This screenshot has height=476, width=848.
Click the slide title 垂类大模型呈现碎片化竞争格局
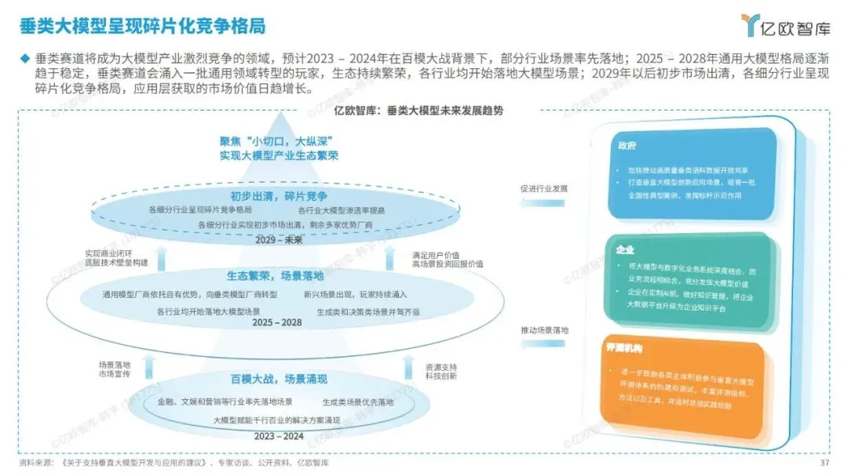pyautogui.click(x=141, y=25)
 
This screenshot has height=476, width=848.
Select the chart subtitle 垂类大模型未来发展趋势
pyautogui.click(x=446, y=111)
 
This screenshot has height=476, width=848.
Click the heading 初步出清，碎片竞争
pyautogui.click(x=280, y=195)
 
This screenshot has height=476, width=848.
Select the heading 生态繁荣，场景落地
pyautogui.click(x=280, y=276)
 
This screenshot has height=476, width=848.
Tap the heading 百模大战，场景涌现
pyautogui.click(x=280, y=380)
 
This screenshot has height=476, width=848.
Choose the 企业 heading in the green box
pyautogui.click(x=626, y=249)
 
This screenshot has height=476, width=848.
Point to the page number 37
pyautogui.click(x=824, y=463)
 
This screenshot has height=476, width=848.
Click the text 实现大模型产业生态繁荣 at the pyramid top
pyautogui.click(x=280, y=156)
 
